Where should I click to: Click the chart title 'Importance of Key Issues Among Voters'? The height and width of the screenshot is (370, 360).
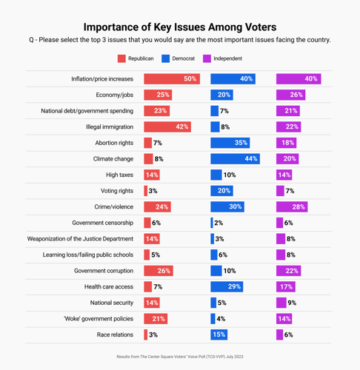[x=180, y=26]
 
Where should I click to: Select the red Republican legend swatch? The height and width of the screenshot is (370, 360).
[x=121, y=58]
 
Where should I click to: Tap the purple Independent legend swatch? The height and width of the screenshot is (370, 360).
[x=207, y=58]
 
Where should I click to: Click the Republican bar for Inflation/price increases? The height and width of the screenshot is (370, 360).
[x=171, y=79]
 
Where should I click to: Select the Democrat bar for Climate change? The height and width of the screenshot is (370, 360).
[x=234, y=159]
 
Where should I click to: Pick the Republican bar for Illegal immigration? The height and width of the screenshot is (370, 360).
[x=167, y=127]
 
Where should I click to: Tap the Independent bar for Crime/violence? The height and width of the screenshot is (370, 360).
[x=292, y=207]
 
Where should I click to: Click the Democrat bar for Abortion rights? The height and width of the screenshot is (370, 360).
[x=230, y=143]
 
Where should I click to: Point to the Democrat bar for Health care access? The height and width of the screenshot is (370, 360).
[x=227, y=287]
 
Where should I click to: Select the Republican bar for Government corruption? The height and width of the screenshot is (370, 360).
[x=159, y=271]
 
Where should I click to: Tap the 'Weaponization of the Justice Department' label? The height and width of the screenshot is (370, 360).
[x=80, y=239]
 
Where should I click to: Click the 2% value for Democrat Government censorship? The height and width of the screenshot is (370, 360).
[x=219, y=223]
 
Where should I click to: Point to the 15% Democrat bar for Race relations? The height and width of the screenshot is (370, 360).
[x=219, y=335]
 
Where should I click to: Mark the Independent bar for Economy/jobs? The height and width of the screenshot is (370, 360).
[x=291, y=95]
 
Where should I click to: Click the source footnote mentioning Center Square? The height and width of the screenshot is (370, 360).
[x=180, y=357]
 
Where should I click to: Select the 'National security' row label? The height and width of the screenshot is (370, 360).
[x=112, y=303]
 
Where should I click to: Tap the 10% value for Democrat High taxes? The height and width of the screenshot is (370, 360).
[x=229, y=175]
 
